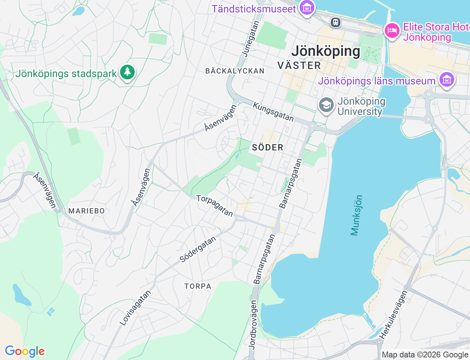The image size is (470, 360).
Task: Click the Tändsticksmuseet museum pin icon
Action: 307,8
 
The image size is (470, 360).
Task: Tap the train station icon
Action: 335,23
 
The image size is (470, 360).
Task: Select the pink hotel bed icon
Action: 392,31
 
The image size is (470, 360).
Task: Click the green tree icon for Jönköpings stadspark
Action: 127,72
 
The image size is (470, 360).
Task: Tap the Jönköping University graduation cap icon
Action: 326,105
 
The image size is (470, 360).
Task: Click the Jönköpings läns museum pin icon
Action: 446,80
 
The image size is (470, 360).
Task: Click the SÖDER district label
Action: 268,148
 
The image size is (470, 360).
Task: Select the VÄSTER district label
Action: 299,66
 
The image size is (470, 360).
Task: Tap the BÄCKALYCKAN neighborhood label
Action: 235,71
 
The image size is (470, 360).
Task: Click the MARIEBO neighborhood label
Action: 87,211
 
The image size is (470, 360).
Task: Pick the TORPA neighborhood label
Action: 198,286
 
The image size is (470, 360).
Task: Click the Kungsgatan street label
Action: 274,112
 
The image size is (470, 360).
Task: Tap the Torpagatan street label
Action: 215,206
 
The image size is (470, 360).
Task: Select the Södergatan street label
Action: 198,249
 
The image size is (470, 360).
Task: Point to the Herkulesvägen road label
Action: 393,315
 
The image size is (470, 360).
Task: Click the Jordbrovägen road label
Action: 253,324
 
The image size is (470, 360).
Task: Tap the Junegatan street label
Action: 251,39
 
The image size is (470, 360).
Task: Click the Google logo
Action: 25,351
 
